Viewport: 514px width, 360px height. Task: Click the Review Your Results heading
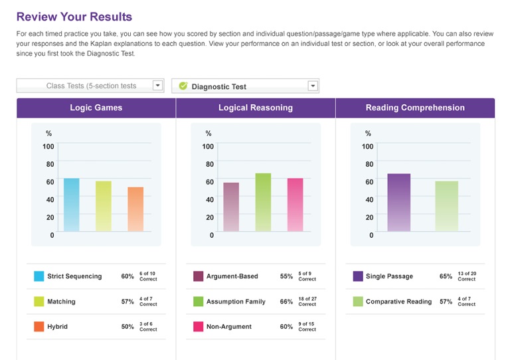[x=74, y=17]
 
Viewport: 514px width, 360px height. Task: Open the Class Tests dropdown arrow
[x=157, y=86]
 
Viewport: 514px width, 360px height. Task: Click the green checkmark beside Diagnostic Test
[x=183, y=86]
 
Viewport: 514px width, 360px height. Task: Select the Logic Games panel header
[x=96, y=108]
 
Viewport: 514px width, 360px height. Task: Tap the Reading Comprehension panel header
[x=415, y=108]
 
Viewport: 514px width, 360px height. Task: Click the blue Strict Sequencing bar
[x=71, y=205]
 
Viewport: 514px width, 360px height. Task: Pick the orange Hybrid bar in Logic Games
[x=135, y=209]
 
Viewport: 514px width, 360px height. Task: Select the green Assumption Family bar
[x=263, y=203]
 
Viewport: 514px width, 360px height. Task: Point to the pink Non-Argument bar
[x=295, y=205]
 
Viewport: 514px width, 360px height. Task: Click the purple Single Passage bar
[x=398, y=203]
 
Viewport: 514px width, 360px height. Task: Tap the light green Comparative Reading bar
[x=446, y=206]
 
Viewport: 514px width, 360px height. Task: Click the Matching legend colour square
[x=39, y=302]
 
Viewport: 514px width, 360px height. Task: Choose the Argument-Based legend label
[x=232, y=276]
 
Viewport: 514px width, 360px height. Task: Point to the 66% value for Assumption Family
[x=286, y=302]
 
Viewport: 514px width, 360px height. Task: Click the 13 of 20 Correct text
[x=467, y=276]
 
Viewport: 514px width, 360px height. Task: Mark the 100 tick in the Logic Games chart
[x=48, y=147]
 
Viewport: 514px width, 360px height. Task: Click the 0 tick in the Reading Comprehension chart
[x=371, y=235]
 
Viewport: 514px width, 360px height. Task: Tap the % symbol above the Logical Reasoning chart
[x=209, y=134]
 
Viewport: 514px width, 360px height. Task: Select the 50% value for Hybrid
[x=128, y=327]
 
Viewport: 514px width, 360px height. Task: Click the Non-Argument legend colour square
[x=198, y=327]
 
